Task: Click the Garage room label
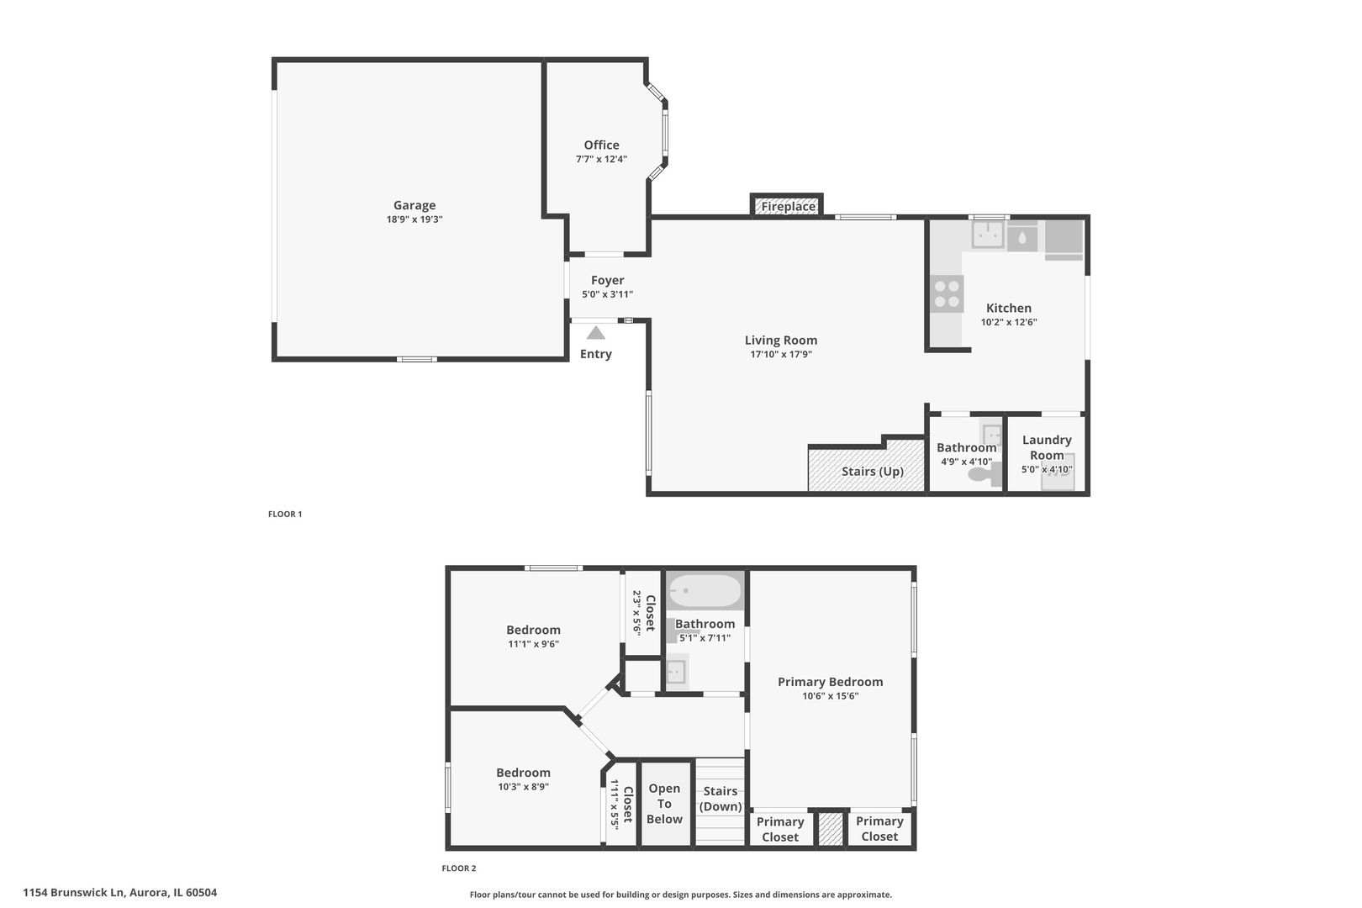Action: [x=414, y=206]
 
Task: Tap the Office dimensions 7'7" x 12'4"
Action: [x=601, y=160]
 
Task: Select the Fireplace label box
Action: [x=787, y=206]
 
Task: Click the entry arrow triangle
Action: [x=596, y=333]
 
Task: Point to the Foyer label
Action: [x=607, y=280]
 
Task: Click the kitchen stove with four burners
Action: [x=947, y=293]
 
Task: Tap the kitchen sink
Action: [x=987, y=235]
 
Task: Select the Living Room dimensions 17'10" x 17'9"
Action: [x=781, y=355]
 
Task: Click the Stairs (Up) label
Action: [x=873, y=472]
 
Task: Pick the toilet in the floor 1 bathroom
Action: [x=985, y=474]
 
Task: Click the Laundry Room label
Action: [x=1047, y=447]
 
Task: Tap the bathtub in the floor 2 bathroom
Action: [x=705, y=590]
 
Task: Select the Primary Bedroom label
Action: [x=830, y=683]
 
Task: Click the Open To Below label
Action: [x=664, y=804]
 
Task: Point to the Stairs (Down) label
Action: [x=721, y=800]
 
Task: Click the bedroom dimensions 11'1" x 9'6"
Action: [x=533, y=644]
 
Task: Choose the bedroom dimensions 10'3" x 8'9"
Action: [x=523, y=787]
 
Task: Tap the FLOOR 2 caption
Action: [x=459, y=868]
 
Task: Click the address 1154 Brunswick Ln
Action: [x=74, y=893]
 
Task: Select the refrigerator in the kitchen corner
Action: [x=1064, y=240]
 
